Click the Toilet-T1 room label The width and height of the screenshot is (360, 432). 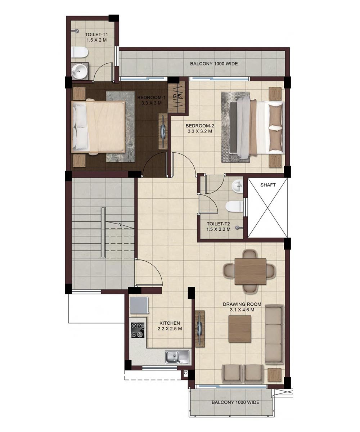pyautogui.click(x=96, y=35)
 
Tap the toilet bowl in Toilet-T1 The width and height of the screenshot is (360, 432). pyautogui.click(x=80, y=52)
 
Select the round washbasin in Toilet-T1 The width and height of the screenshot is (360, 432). pyautogui.click(x=80, y=71)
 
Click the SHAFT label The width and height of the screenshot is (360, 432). pyautogui.click(x=268, y=185)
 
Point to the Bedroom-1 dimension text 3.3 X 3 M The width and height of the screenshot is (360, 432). pyautogui.click(x=152, y=103)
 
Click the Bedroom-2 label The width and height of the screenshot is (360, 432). pyautogui.click(x=200, y=126)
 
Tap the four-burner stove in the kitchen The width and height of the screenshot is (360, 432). pyautogui.click(x=138, y=330)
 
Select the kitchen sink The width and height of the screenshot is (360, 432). pyautogui.click(x=177, y=357)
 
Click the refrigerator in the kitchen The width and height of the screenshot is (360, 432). pyautogui.click(x=139, y=305)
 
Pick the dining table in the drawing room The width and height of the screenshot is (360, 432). pyautogui.click(x=250, y=271)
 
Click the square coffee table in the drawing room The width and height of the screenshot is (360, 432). pyautogui.click(x=240, y=329)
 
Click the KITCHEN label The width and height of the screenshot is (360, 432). pyautogui.click(x=170, y=323)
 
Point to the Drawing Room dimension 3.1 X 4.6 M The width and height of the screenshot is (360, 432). pyautogui.click(x=242, y=310)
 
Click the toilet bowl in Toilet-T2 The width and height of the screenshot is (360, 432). pyautogui.click(x=234, y=207)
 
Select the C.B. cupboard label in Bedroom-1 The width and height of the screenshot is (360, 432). pyautogui.click(x=177, y=96)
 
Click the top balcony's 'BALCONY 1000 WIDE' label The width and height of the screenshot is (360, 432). pyautogui.click(x=214, y=63)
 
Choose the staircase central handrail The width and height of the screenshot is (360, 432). pyautogui.click(x=103, y=232)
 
